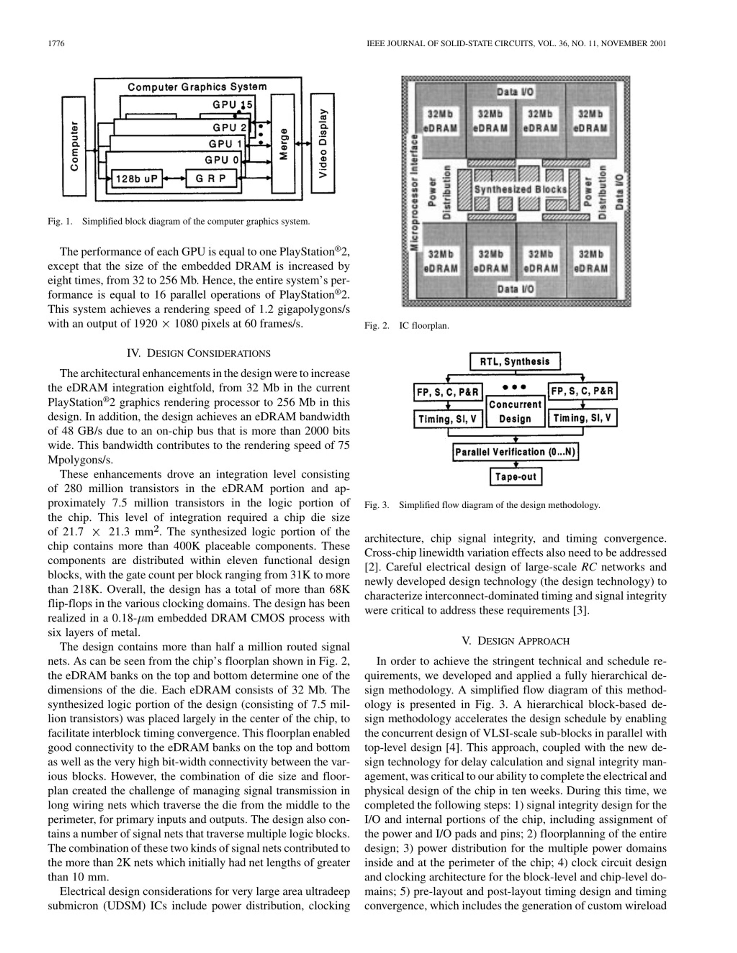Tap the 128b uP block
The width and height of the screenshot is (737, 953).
pyautogui.click(x=137, y=178)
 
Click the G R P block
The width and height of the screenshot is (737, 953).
pyautogui.click(x=211, y=178)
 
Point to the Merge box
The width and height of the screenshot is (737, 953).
pyautogui.click(x=283, y=144)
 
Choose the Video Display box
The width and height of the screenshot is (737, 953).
pyautogui.click(x=323, y=143)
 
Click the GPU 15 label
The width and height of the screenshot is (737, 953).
pyautogui.click(x=232, y=105)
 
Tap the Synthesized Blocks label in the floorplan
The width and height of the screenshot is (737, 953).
pyautogui.click(x=521, y=189)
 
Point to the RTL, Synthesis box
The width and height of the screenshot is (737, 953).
pyautogui.click(x=515, y=361)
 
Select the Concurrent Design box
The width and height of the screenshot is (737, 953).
pyautogui.click(x=515, y=411)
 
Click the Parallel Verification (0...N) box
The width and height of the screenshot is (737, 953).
pyautogui.click(x=515, y=452)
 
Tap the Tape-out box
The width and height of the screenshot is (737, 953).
pyautogui.click(x=516, y=476)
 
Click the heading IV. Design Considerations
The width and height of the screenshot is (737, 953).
pyautogui.click(x=198, y=353)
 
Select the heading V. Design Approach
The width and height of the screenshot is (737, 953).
pyautogui.click(x=515, y=641)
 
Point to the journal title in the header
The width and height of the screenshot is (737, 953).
pyautogui.click(x=516, y=43)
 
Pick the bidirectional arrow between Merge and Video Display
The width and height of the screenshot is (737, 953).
pyautogui.click(x=303, y=144)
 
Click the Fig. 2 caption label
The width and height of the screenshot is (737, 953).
pyautogui.click(x=376, y=326)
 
